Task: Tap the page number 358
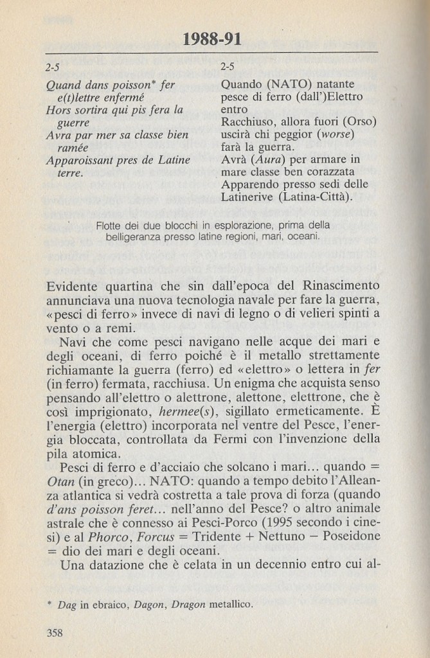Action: [x=55, y=633]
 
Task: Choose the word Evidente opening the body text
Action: [x=74, y=285]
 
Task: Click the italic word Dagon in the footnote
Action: [x=141, y=604]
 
